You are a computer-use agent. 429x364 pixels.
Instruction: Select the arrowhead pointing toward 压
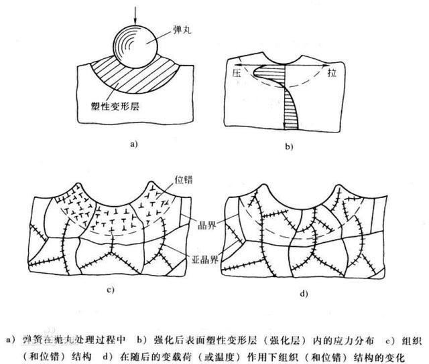click(242, 65)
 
